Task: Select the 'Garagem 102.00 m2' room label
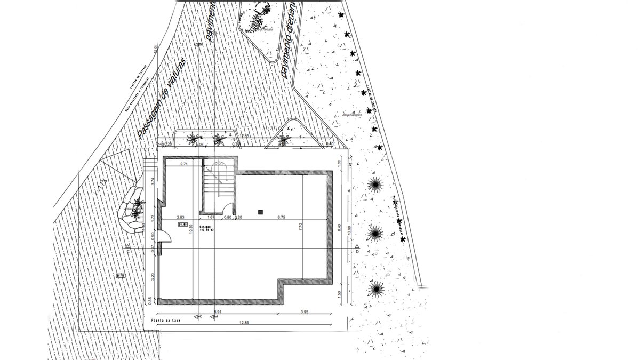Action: pyautogui.click(x=207, y=228)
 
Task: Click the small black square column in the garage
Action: pyautogui.click(x=260, y=212)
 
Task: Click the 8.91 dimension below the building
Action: pyautogui.click(x=218, y=311)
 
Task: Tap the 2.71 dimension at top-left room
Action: pyautogui.click(x=184, y=164)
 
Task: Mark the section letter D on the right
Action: pyautogui.click(x=356, y=252)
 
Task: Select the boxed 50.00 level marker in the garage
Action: pyautogui.click(x=181, y=225)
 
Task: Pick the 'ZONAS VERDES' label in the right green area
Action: pyautogui.click(x=349, y=115)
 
